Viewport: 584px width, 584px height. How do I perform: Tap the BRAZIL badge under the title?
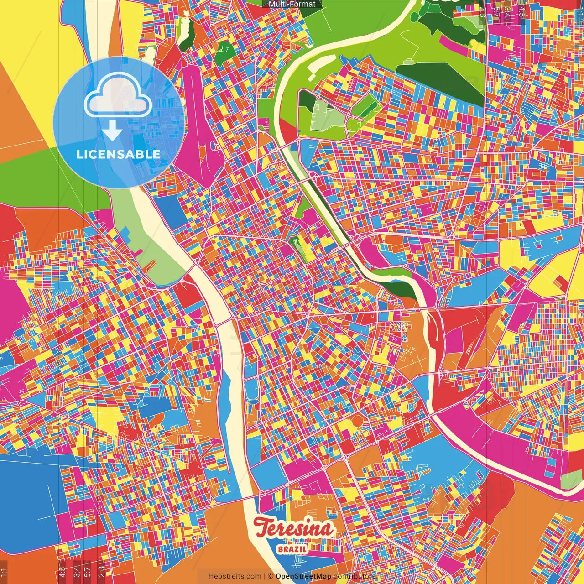tap(292, 549)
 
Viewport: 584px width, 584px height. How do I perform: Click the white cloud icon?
tap(118, 98)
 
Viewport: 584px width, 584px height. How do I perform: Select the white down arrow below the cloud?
tap(112, 133)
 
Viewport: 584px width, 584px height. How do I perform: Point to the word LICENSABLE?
tap(119, 154)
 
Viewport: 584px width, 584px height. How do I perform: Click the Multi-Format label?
tap(292, 4)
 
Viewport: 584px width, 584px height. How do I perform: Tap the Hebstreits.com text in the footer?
tap(235, 576)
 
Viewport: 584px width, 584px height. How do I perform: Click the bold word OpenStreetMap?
tap(303, 576)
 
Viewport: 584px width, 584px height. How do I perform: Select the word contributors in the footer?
tap(355, 576)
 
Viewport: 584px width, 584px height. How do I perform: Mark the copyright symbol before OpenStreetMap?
tap(270, 576)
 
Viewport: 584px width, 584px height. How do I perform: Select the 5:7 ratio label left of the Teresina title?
tap(87, 571)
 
